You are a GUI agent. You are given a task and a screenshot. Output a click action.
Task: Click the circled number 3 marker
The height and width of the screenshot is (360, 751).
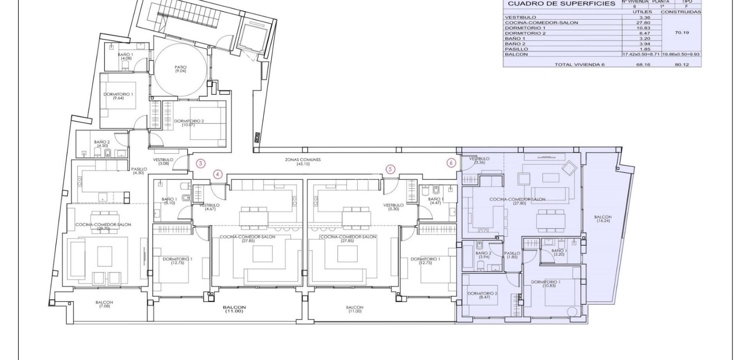click(x=200, y=164)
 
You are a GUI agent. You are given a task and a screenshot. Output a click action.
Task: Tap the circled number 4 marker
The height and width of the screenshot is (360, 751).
click(x=218, y=175)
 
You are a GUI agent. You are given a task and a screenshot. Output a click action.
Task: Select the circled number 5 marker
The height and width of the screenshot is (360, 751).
click(x=390, y=169)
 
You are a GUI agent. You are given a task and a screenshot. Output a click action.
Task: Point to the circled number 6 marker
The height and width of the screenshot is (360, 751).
click(x=451, y=163)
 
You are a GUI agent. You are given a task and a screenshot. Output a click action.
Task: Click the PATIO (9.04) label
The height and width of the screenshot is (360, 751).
click(x=180, y=69)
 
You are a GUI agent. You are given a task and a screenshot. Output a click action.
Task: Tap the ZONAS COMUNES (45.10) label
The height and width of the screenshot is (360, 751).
click(x=308, y=162)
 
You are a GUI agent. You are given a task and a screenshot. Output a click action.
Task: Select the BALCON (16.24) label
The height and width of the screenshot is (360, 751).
click(x=603, y=219)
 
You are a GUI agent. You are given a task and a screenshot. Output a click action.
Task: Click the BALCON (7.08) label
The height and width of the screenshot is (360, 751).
click(x=104, y=304)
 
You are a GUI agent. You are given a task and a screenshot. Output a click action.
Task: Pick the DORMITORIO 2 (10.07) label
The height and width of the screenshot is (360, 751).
click(x=189, y=123)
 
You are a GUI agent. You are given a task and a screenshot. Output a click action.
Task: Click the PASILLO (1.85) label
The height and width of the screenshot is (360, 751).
click(x=512, y=255)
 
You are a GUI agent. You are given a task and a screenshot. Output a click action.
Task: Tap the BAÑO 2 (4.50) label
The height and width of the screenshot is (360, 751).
click(x=102, y=144)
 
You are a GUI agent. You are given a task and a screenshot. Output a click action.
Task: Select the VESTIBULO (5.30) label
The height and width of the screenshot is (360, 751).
click(x=393, y=207)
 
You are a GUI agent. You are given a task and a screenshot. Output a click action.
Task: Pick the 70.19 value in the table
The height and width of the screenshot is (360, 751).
click(x=682, y=33)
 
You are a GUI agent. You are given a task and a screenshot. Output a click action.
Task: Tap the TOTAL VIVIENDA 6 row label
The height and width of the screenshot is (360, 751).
click(x=579, y=65)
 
